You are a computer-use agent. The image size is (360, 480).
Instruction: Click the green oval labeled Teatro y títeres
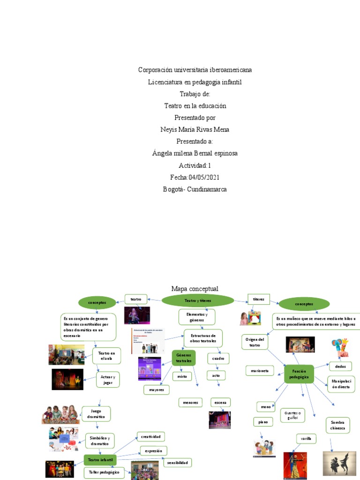197,300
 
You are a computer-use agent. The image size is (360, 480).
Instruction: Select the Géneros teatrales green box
184,358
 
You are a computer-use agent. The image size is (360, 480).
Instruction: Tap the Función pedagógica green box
299,374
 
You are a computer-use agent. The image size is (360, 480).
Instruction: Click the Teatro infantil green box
100,460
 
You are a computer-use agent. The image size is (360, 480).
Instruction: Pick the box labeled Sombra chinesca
337,425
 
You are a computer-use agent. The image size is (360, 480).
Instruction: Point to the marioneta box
259,371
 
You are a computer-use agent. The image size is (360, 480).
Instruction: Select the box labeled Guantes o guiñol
292,415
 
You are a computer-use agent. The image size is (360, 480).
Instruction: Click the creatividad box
150,437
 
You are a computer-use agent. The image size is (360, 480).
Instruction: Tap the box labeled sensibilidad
177,463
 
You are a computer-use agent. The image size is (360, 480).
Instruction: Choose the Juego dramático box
96,414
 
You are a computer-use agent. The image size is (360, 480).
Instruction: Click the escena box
220,402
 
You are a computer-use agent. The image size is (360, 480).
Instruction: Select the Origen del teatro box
255,342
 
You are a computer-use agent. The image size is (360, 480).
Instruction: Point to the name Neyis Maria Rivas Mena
195,129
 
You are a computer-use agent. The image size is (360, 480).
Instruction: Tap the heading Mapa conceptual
195,289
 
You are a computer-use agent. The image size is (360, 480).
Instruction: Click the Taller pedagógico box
104,472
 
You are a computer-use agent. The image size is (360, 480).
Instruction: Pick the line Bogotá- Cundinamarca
195,189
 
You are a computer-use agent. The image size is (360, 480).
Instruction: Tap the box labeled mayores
156,390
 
